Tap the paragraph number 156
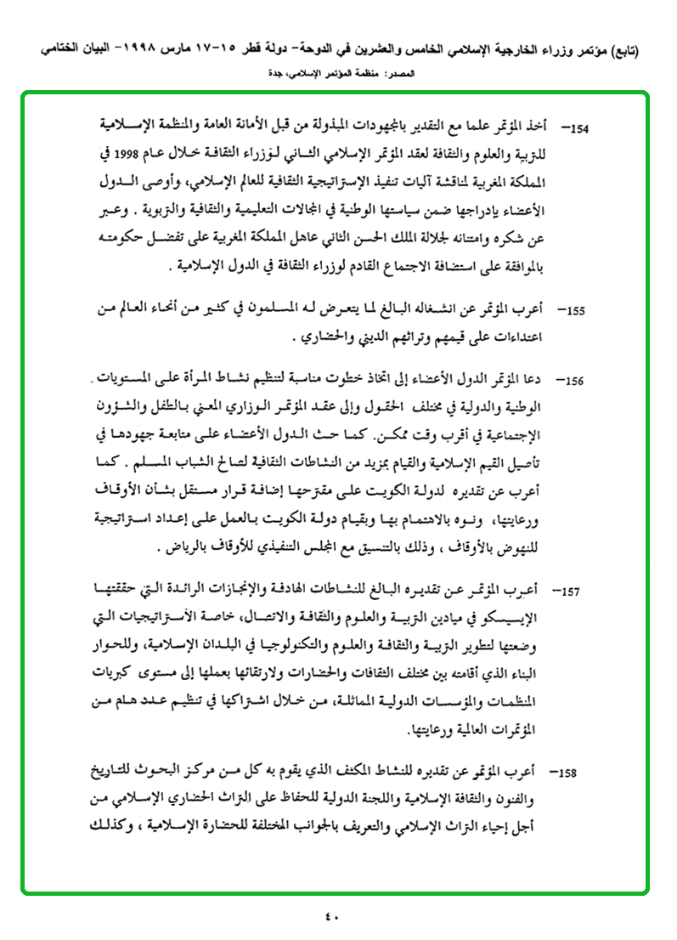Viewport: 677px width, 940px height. (x=578, y=381)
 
